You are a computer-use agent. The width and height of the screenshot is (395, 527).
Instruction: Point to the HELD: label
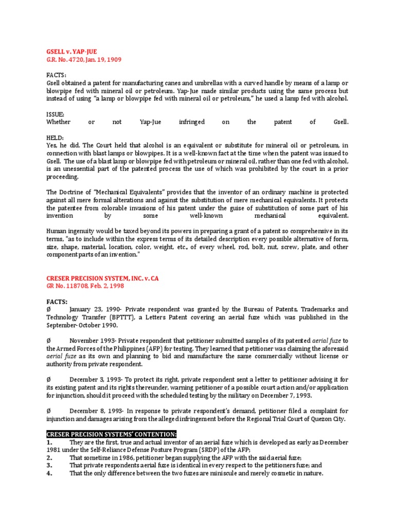[x=56, y=138]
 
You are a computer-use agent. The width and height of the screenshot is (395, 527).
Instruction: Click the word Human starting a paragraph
[x=57, y=232]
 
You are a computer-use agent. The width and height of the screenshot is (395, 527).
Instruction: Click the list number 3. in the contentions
[x=49, y=466]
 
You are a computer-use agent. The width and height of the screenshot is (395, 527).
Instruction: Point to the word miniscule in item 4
[x=245, y=473]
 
